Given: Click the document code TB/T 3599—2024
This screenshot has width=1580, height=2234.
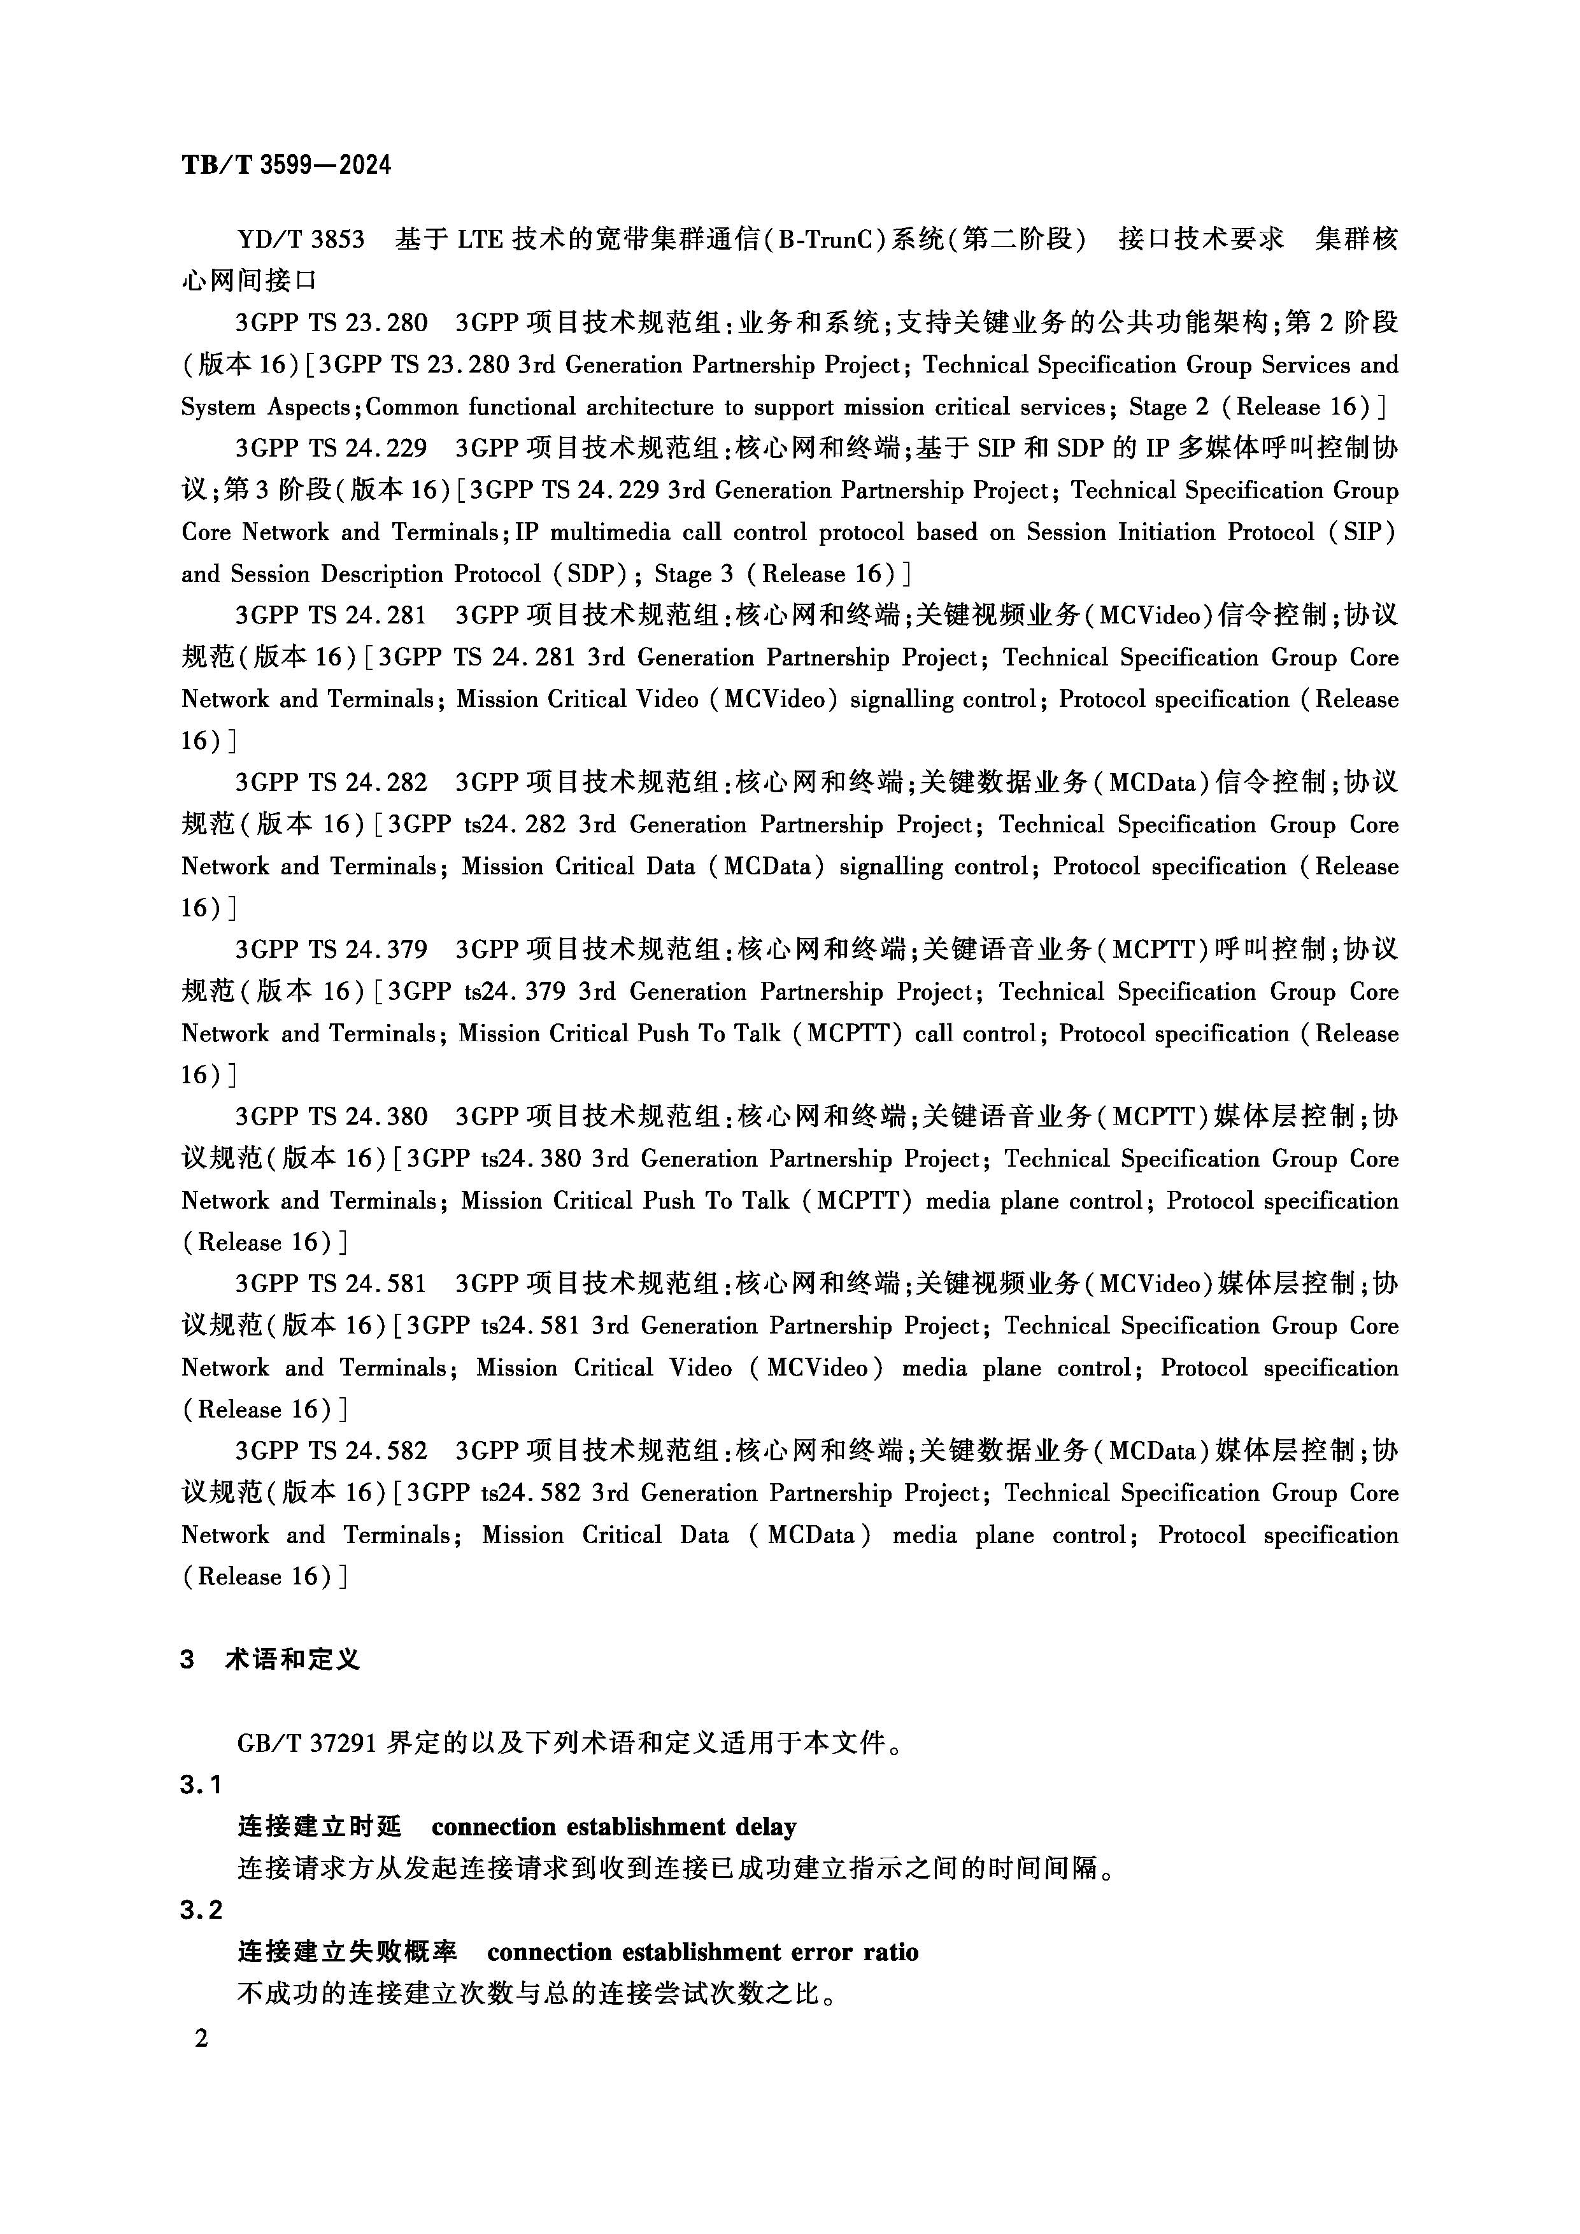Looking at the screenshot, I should click(x=286, y=164).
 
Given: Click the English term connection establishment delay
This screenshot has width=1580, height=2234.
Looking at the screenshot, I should click(x=614, y=1826).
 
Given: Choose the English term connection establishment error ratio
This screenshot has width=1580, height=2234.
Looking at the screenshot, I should click(x=702, y=1952).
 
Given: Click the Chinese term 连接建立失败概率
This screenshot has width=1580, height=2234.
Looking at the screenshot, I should click(x=347, y=1952).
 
